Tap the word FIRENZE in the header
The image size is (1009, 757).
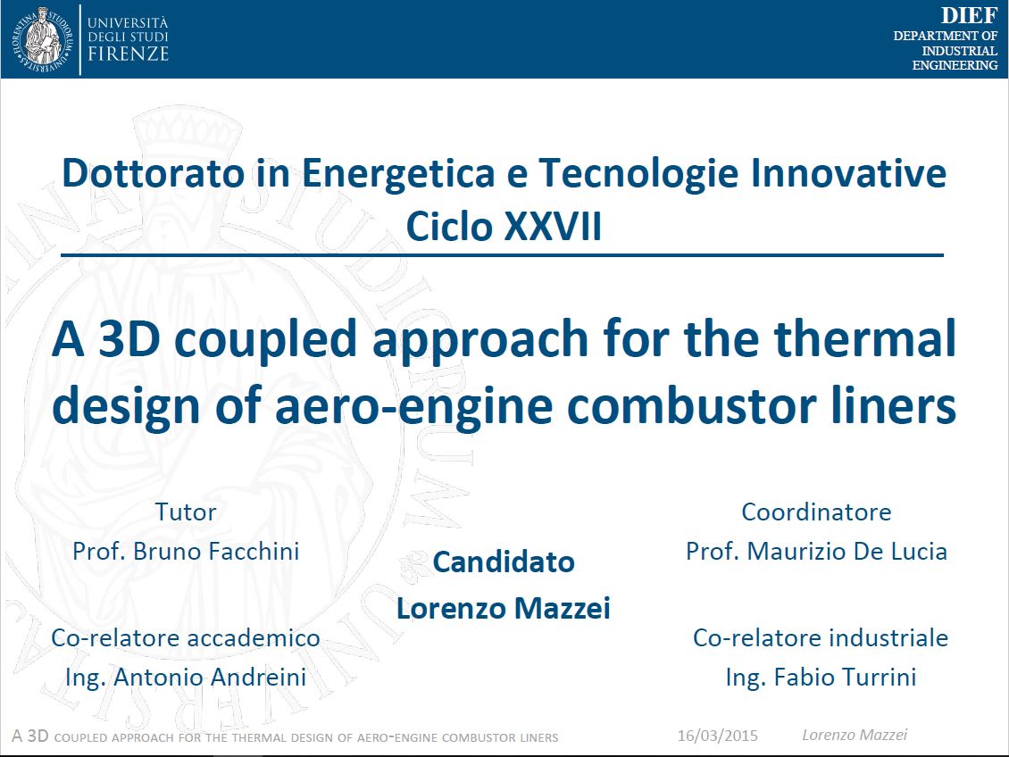[x=128, y=54]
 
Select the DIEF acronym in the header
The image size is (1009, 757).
[x=969, y=15]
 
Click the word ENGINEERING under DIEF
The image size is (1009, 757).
[x=955, y=65]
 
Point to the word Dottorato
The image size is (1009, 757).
[x=154, y=174]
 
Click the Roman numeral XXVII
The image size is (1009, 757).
[x=554, y=227]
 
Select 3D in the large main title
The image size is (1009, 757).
[x=129, y=339]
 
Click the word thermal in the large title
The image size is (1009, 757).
[x=865, y=338]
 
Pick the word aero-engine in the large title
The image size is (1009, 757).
[x=414, y=406]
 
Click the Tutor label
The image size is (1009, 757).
[x=186, y=512]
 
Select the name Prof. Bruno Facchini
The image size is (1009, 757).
[x=186, y=551]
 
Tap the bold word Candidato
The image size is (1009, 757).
[x=504, y=562]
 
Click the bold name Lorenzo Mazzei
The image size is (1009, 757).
[x=504, y=609]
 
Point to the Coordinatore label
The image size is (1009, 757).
[x=817, y=512]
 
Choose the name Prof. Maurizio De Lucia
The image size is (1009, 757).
[x=817, y=551]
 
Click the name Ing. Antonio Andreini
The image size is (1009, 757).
[x=186, y=677]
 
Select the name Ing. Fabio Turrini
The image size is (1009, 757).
[x=821, y=677]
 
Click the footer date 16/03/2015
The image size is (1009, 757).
[x=718, y=736]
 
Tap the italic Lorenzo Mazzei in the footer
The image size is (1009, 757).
[x=855, y=736]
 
